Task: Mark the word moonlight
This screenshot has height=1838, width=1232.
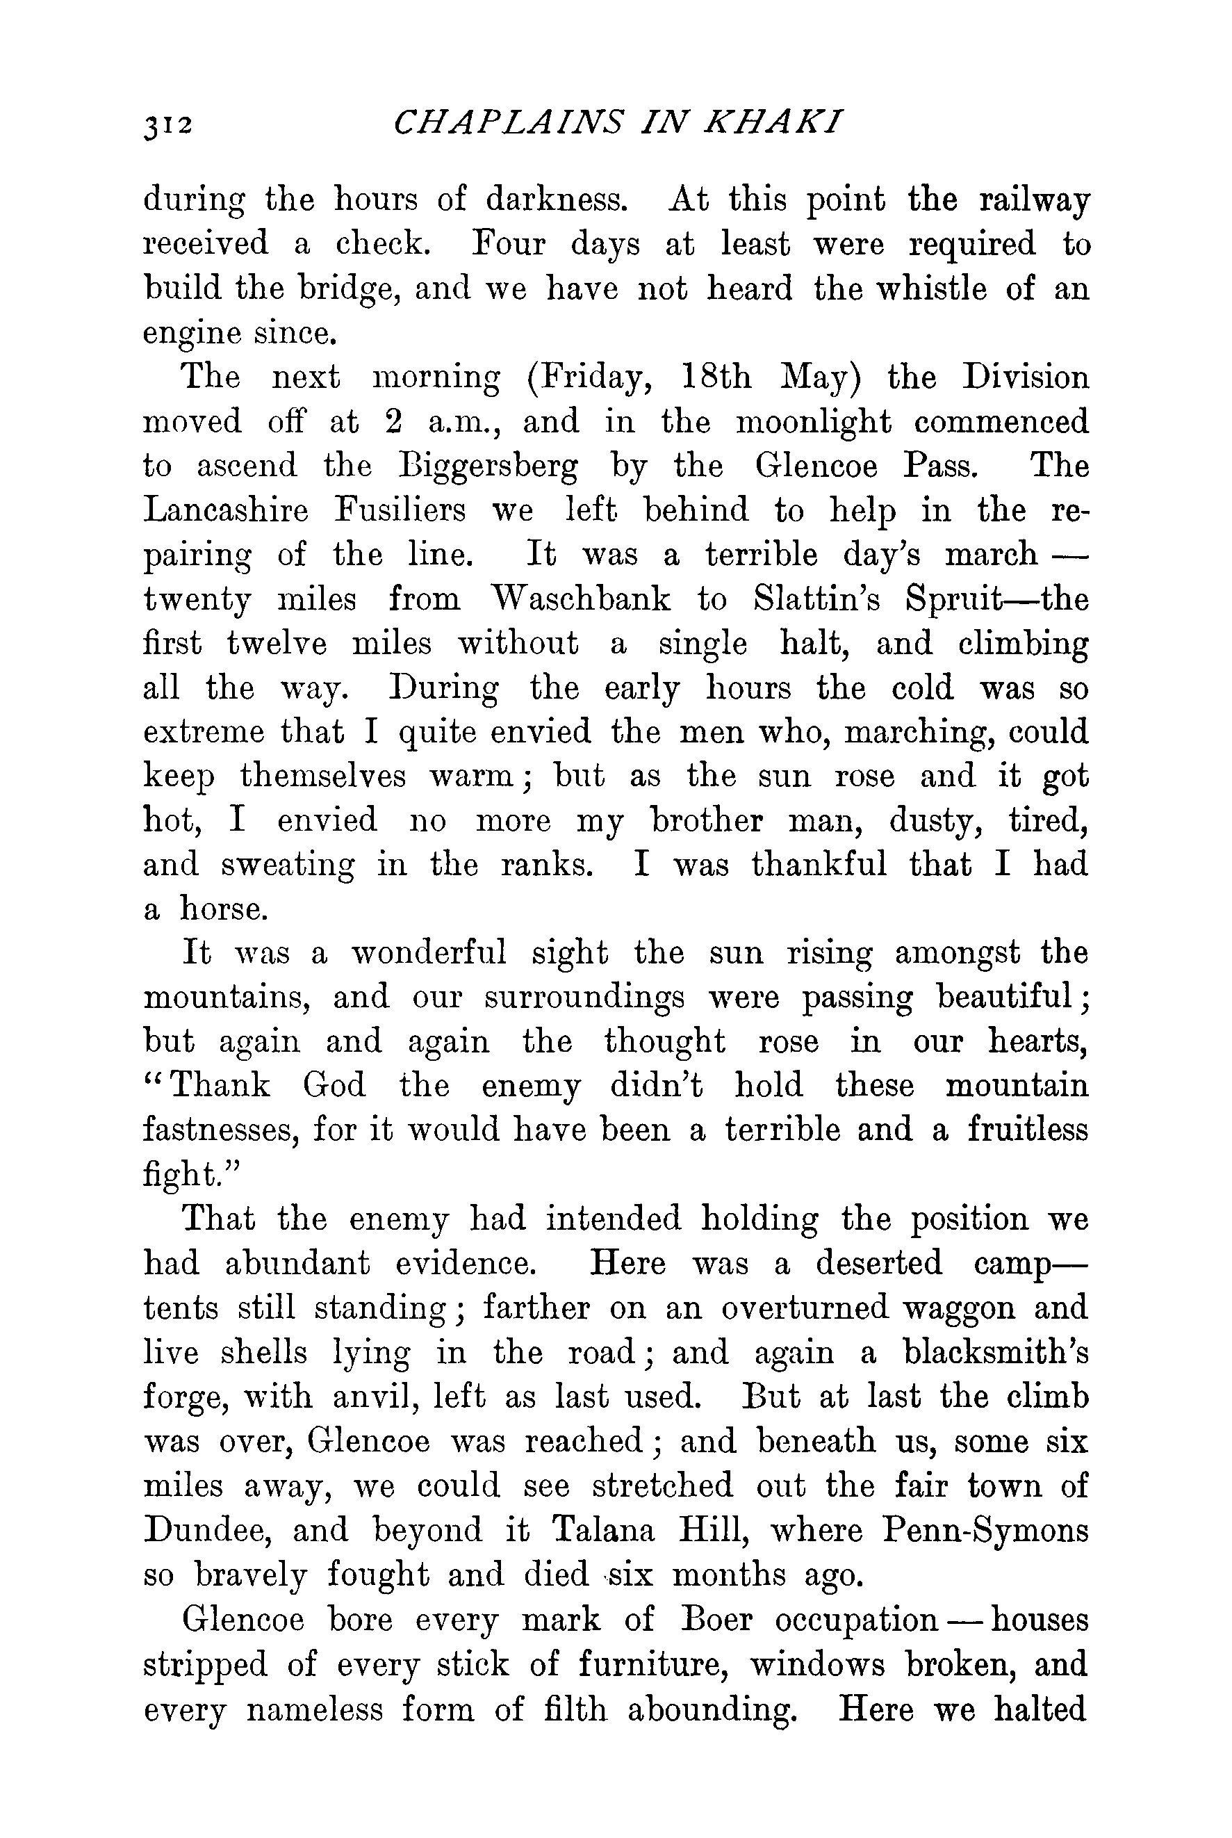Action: click(812, 423)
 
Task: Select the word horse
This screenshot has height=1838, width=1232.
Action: click(224, 909)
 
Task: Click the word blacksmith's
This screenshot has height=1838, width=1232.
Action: click(996, 1352)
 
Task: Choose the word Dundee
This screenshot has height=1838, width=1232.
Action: click(206, 1530)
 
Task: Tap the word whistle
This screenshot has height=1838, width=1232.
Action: click(931, 289)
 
